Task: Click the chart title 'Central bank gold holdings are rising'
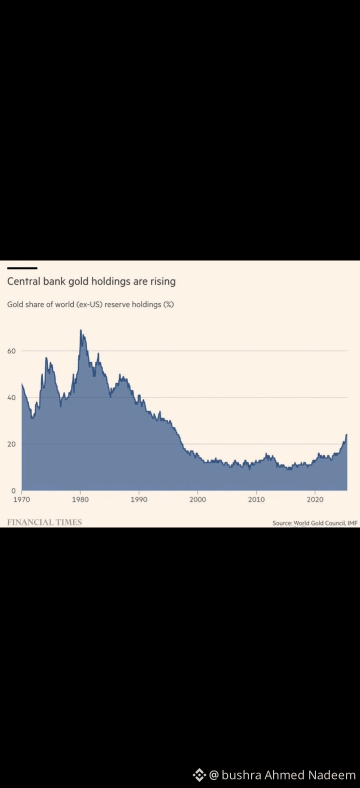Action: point(91,281)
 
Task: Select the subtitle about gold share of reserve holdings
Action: point(90,304)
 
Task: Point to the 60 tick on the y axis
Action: point(11,350)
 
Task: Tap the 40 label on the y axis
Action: point(11,397)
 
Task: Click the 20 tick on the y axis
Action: point(11,444)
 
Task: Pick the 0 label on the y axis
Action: point(13,490)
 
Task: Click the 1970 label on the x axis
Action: point(21,499)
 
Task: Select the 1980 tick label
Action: point(80,499)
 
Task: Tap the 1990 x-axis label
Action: point(139,499)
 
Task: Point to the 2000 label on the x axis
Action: point(198,499)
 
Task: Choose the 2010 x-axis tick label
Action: point(256,499)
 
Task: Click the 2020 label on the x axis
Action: point(315,499)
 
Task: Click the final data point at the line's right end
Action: point(346,434)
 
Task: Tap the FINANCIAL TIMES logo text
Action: point(44,522)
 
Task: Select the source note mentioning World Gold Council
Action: point(315,523)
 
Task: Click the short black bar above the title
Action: point(22,268)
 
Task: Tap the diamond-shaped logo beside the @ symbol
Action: point(199,775)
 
